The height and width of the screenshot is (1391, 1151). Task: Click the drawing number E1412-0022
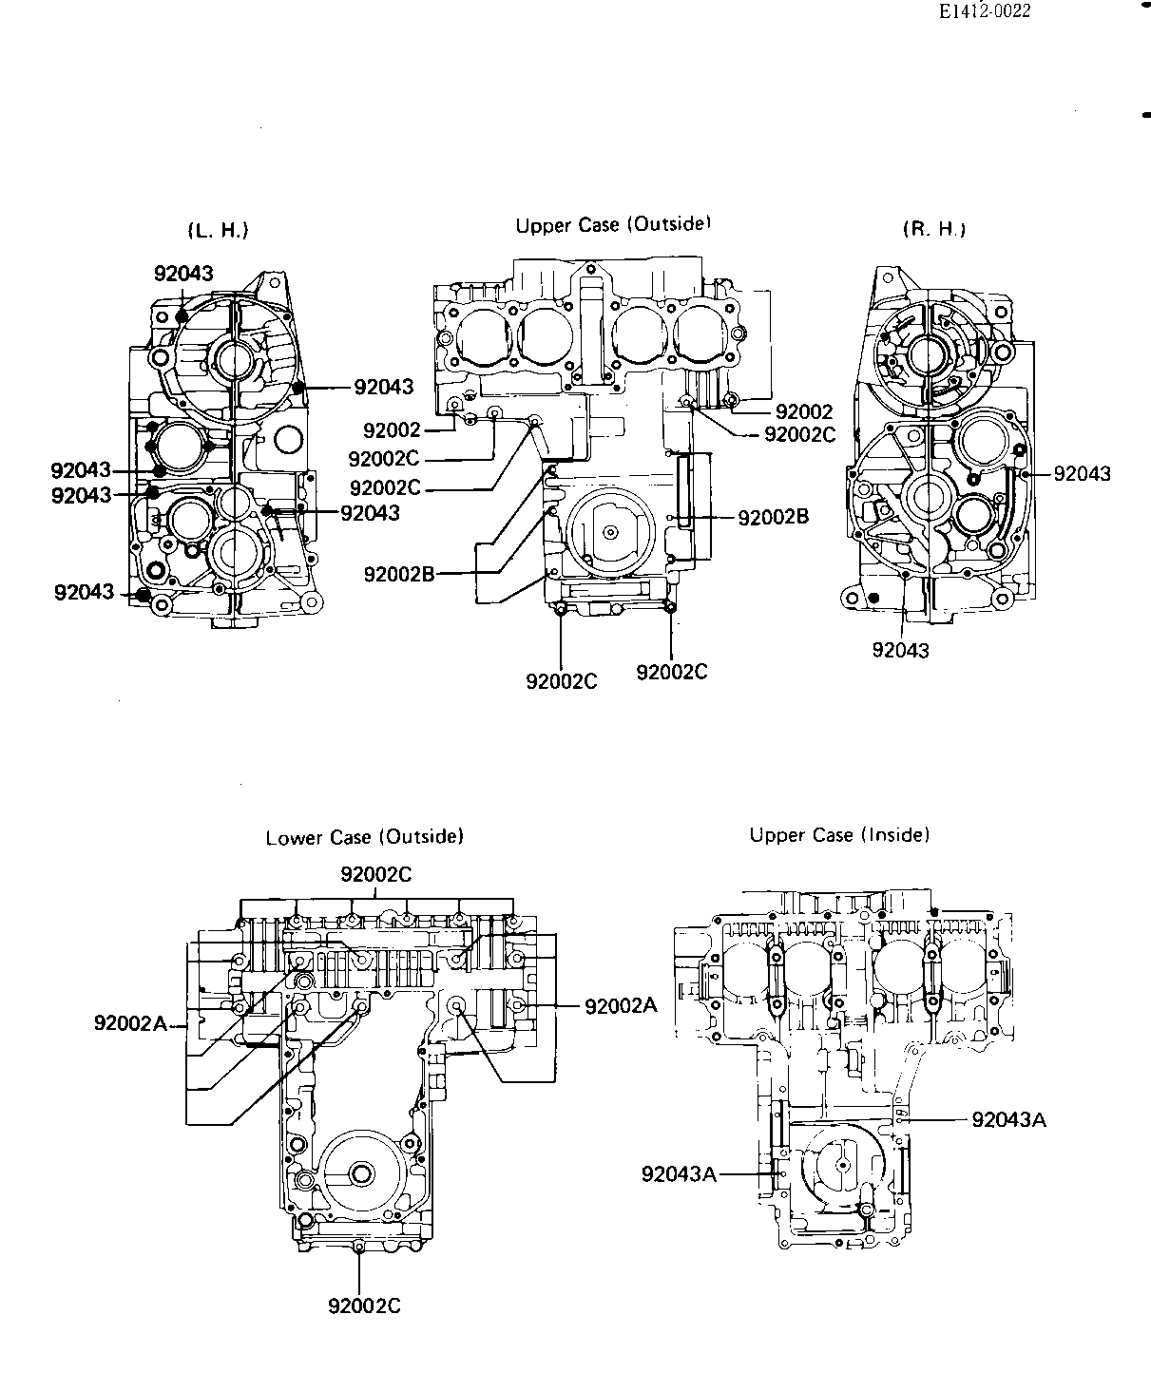click(x=985, y=11)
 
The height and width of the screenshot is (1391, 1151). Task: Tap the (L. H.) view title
click(x=218, y=231)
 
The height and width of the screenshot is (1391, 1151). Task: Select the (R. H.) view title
click(x=934, y=229)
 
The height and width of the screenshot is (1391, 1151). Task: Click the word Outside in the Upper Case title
click(x=669, y=224)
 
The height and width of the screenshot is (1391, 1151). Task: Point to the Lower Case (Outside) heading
click(x=365, y=837)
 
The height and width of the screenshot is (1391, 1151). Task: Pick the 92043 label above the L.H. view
click(x=183, y=273)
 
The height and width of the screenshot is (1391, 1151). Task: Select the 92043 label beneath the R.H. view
click(x=900, y=650)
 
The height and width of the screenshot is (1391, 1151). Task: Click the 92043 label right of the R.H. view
click(x=1083, y=474)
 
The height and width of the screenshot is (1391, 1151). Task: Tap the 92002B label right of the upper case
click(x=773, y=517)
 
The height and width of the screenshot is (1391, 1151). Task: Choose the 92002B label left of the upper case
click(x=399, y=574)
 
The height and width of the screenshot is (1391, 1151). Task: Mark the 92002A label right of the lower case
click(x=621, y=1006)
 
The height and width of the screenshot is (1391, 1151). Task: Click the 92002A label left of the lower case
click(x=130, y=1022)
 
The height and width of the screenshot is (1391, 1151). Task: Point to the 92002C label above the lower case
click(x=375, y=874)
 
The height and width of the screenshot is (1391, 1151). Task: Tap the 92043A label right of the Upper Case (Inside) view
click(x=1009, y=1120)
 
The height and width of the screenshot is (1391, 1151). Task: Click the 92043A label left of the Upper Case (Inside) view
click(x=680, y=1173)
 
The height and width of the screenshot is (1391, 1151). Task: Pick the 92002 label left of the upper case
click(x=392, y=430)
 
